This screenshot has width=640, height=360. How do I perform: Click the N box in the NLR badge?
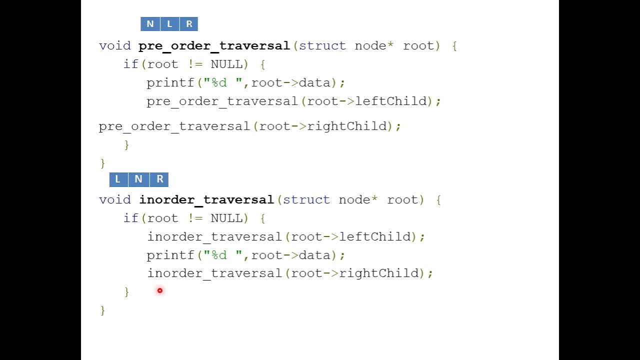[150, 24]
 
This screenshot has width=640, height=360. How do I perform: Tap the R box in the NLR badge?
[189, 24]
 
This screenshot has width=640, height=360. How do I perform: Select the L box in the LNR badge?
[118, 179]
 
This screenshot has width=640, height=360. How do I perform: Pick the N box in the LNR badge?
[138, 179]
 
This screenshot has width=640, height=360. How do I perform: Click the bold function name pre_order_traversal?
[214, 46]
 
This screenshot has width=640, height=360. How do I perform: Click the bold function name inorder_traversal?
[206, 200]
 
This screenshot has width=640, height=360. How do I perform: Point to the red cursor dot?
[160, 290]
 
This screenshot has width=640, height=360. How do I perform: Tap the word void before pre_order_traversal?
[114, 46]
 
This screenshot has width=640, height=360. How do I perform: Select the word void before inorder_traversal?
[114, 200]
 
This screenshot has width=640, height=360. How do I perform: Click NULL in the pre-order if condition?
[226, 64]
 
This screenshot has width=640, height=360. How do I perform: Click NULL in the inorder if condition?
[226, 218]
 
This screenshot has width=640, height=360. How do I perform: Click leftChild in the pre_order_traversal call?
[394, 101]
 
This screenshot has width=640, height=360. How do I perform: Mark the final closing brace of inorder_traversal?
[103, 310]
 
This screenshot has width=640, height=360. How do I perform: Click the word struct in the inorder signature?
[306, 200]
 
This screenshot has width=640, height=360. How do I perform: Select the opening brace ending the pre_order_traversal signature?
[454, 46]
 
